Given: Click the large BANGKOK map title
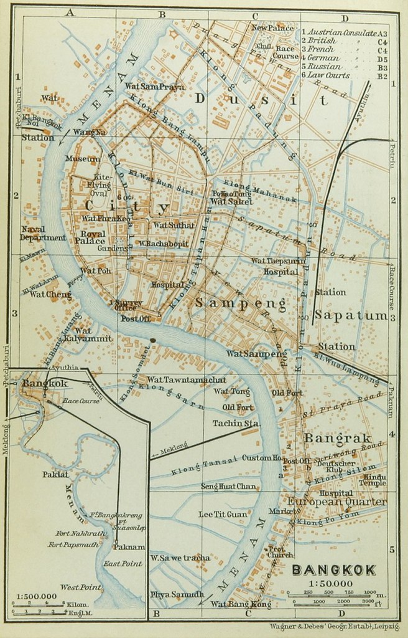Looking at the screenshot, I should [x=333, y=569].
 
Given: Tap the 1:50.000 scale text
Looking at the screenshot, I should [x=333, y=583].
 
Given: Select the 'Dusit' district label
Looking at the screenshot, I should [x=261, y=99].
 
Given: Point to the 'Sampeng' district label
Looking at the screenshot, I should [x=241, y=304].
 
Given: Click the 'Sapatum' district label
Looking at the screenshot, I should [x=351, y=315].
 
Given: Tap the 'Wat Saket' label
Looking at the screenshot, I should [x=231, y=202].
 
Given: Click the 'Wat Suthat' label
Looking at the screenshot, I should [x=169, y=225].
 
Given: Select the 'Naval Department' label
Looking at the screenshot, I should [x=42, y=234].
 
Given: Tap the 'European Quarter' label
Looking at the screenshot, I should [x=337, y=502].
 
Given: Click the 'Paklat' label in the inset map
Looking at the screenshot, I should [x=55, y=474].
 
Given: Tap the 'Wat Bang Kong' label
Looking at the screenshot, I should [x=232, y=604].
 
